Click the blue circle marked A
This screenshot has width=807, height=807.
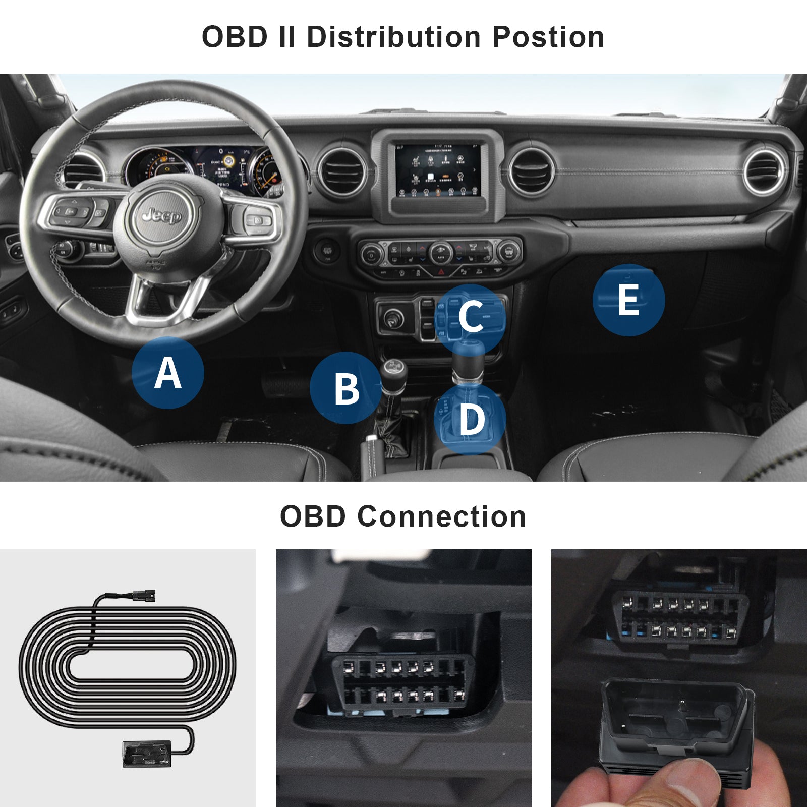pyautogui.click(x=167, y=373)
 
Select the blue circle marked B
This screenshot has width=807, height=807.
pyautogui.click(x=346, y=388)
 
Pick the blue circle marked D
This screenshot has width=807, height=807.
pyautogui.click(x=470, y=419)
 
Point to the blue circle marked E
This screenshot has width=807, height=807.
pyautogui.click(x=628, y=300)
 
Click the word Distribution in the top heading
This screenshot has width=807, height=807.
pyautogui.click(x=394, y=37)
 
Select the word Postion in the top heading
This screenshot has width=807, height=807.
pyautogui.click(x=548, y=37)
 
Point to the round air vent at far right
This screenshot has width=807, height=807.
pyautogui.click(x=764, y=172)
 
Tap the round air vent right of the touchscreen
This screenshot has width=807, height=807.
pyautogui.click(x=531, y=172)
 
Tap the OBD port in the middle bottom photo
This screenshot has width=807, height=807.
pyautogui.click(x=399, y=681)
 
